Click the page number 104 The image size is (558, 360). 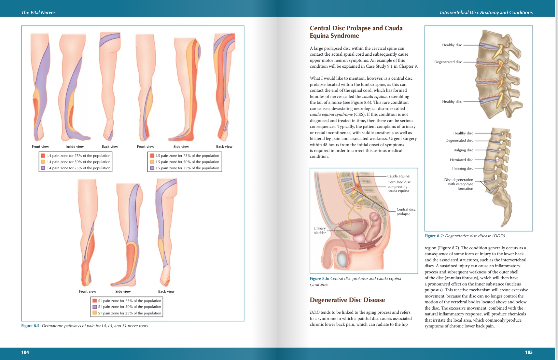[25, 352]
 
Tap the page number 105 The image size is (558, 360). [528, 352]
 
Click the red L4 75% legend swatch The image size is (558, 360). [43, 156]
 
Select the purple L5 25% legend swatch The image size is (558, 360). [152, 168]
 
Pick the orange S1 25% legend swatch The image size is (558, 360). [94, 313]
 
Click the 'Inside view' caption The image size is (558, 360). [75, 146]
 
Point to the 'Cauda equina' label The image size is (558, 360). [398, 176]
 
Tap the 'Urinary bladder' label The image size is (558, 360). [320, 230]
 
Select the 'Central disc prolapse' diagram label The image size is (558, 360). [406, 212]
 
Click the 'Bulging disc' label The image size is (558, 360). [463, 150]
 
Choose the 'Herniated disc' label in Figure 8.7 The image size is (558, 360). [461, 160]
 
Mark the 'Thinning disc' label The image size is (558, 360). [462, 168]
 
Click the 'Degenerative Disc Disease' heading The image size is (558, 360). [347, 300]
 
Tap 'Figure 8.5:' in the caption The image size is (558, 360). [31, 325]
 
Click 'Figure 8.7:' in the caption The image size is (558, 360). [434, 236]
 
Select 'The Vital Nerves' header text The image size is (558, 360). [38, 12]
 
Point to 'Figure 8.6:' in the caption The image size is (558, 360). [319, 279]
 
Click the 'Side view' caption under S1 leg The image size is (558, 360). [123, 291]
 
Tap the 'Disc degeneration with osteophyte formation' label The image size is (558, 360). [459, 184]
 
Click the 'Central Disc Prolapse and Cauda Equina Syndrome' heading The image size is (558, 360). [356, 32]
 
